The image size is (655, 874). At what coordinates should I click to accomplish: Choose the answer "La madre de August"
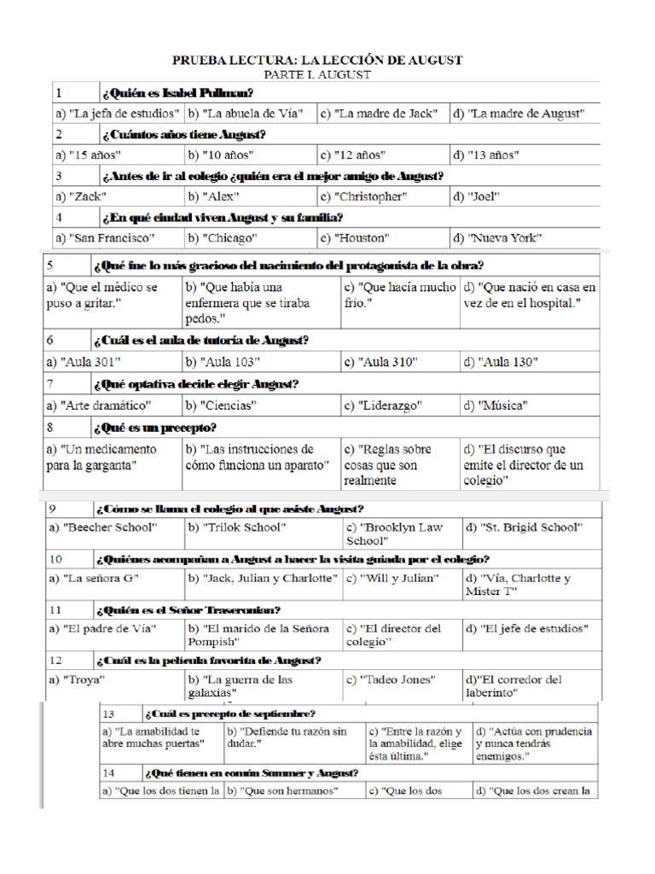(518, 114)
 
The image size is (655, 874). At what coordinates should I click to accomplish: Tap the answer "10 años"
(219, 155)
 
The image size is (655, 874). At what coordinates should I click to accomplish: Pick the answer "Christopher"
(363, 196)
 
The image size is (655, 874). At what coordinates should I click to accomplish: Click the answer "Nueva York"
(496, 238)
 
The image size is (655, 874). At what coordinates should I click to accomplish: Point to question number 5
(51, 265)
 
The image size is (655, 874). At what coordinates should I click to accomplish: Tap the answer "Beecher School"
(104, 527)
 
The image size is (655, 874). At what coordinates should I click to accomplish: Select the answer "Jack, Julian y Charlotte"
(262, 579)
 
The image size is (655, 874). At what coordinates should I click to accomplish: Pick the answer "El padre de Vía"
(96, 629)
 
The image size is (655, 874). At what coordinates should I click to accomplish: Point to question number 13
(108, 714)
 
